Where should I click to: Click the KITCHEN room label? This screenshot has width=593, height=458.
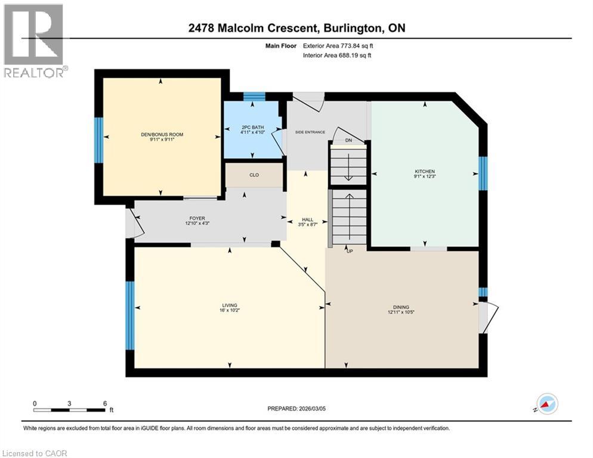coord(424,171)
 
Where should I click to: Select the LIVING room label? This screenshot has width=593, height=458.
coord(230,306)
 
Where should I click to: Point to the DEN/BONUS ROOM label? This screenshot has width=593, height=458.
coord(162,135)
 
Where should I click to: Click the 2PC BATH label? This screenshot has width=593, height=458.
coord(252,127)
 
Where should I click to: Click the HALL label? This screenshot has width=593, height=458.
coord(307,220)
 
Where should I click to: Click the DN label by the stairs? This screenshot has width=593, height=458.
coord(348,141)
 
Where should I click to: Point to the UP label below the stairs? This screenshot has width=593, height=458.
coord(350,251)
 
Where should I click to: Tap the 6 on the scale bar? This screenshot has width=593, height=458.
coord(104,403)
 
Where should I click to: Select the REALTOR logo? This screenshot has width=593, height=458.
coord(34,41)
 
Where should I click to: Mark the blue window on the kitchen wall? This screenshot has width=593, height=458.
coord(483,173)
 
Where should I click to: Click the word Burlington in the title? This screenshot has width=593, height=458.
coord(356,27)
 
